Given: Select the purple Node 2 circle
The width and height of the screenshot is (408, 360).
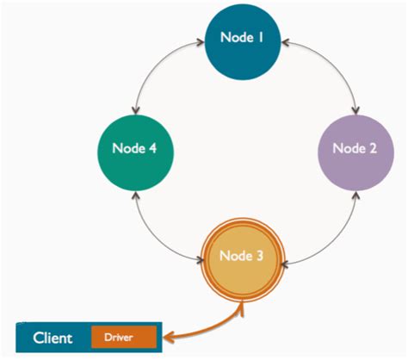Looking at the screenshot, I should click(x=354, y=148).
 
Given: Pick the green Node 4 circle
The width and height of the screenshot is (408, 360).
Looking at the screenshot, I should click(x=133, y=147).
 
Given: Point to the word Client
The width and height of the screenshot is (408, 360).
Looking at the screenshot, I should click(x=53, y=338).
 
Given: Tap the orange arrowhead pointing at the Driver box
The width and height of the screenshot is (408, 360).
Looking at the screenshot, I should click(x=170, y=338).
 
